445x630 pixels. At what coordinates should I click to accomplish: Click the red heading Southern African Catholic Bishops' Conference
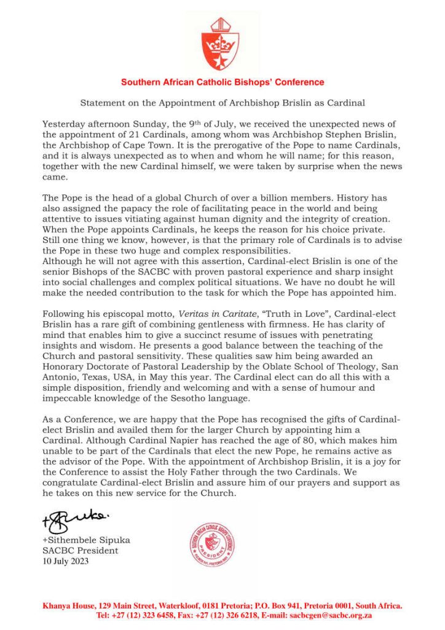click(222, 82)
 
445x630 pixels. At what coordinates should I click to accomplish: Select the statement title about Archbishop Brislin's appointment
click(222, 103)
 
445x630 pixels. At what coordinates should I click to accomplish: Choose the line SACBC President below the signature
click(76, 550)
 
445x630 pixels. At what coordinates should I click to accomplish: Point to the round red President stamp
click(211, 544)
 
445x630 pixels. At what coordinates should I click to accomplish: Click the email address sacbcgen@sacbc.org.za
click(336, 615)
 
